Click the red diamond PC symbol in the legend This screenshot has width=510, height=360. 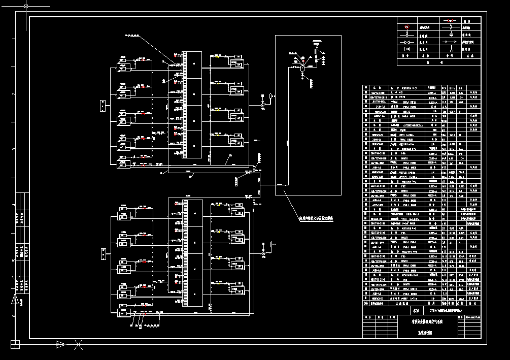pos(406,27)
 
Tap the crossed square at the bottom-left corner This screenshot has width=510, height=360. pos(15,345)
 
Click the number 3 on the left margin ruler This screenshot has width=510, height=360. pos(14,149)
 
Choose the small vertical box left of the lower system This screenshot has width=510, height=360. pos(103,252)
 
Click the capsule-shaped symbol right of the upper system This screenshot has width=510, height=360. pos(271,95)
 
